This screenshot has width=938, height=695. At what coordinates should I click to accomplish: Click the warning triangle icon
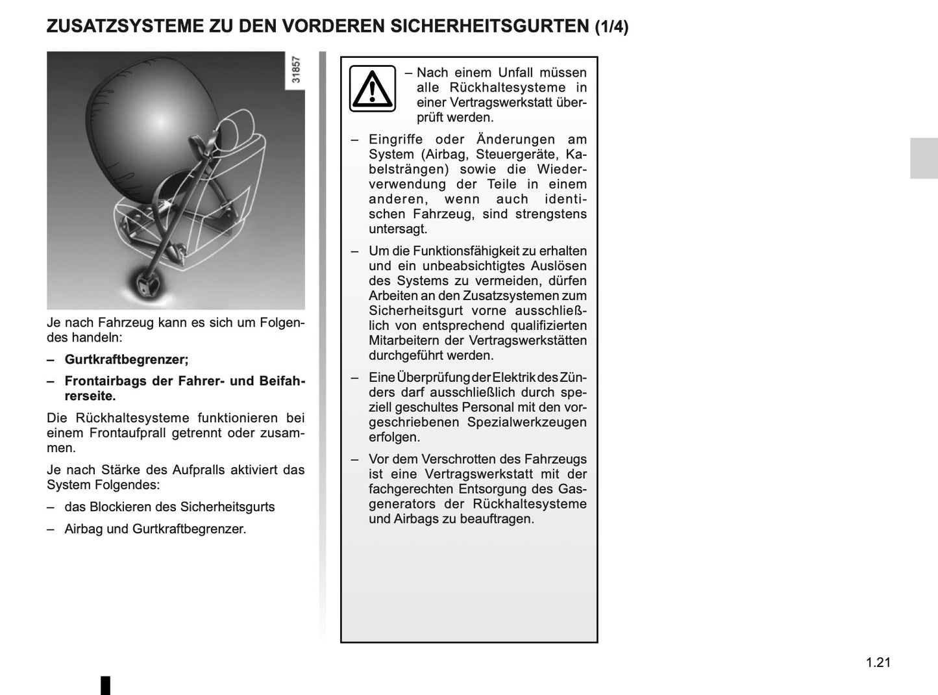(372, 88)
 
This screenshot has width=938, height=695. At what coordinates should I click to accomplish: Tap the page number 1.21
(878, 663)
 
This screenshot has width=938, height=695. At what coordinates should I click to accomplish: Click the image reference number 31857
(296, 69)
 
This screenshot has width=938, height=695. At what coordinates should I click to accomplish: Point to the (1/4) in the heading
(611, 27)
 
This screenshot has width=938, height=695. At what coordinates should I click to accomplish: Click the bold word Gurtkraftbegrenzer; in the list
(127, 359)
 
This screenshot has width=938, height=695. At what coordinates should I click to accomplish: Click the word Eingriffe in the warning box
(395, 140)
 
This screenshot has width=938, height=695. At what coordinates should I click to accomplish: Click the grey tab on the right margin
(924, 158)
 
